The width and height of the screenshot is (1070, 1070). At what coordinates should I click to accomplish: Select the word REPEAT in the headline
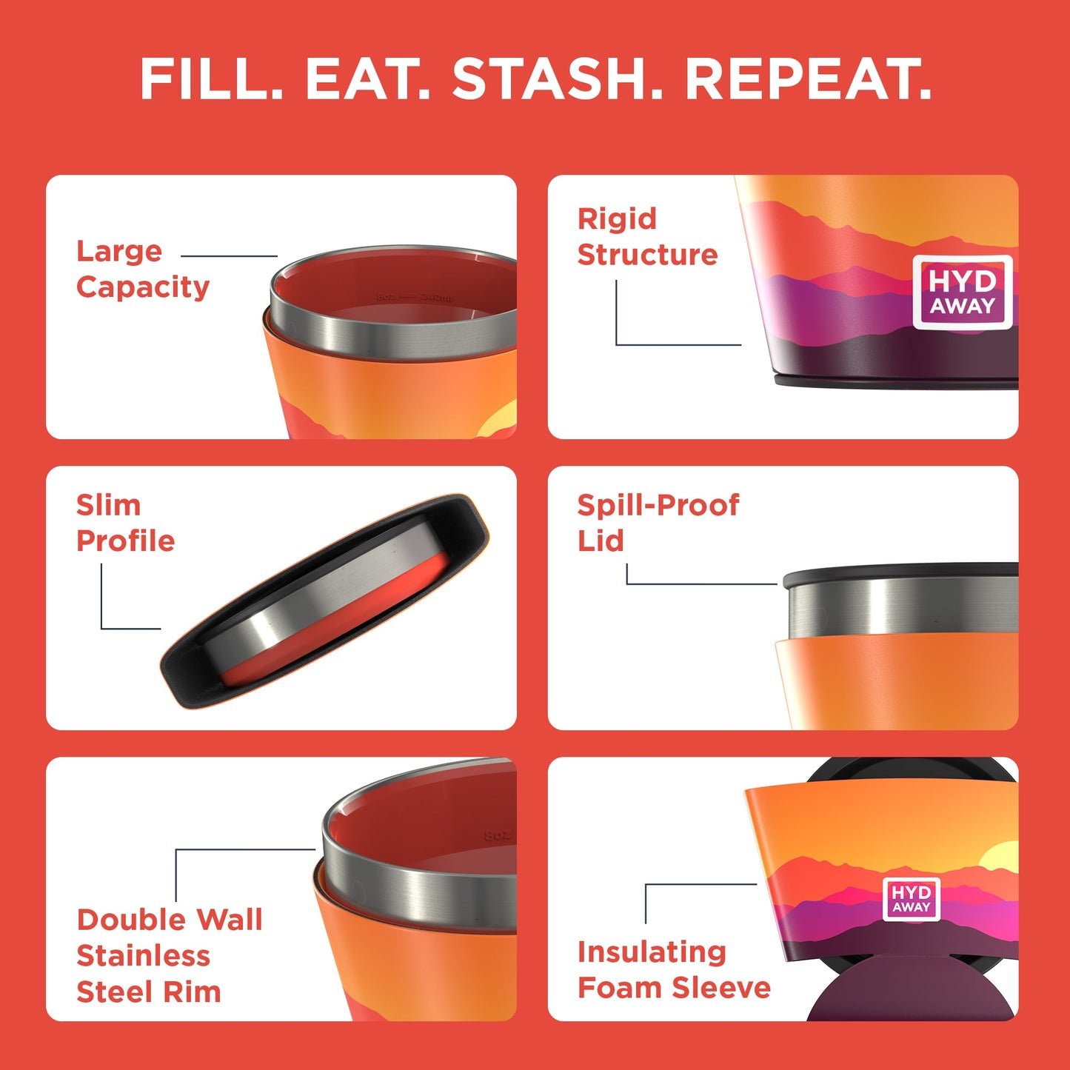click(807, 79)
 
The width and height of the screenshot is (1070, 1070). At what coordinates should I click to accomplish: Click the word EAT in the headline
click(367, 79)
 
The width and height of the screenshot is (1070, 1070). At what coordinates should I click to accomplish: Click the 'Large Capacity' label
click(142, 269)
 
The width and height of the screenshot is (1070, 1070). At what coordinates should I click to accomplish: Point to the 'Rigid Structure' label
click(647, 236)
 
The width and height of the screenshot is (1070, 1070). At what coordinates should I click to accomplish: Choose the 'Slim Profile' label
click(125, 523)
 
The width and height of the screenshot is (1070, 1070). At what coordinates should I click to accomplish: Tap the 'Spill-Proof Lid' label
click(658, 523)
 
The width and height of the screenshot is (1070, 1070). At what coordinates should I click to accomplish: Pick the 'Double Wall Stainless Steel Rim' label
click(169, 955)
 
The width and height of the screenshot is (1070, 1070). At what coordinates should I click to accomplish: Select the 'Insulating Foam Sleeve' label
click(674, 969)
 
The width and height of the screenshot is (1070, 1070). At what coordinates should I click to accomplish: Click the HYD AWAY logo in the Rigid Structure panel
click(963, 292)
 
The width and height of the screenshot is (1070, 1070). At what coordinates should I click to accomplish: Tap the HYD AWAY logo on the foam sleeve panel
click(912, 899)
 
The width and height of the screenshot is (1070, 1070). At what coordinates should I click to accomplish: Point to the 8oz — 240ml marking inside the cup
click(414, 297)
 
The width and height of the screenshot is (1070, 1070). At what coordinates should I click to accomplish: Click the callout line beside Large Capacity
click(229, 256)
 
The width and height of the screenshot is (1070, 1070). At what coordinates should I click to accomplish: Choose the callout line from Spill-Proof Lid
click(700, 584)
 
